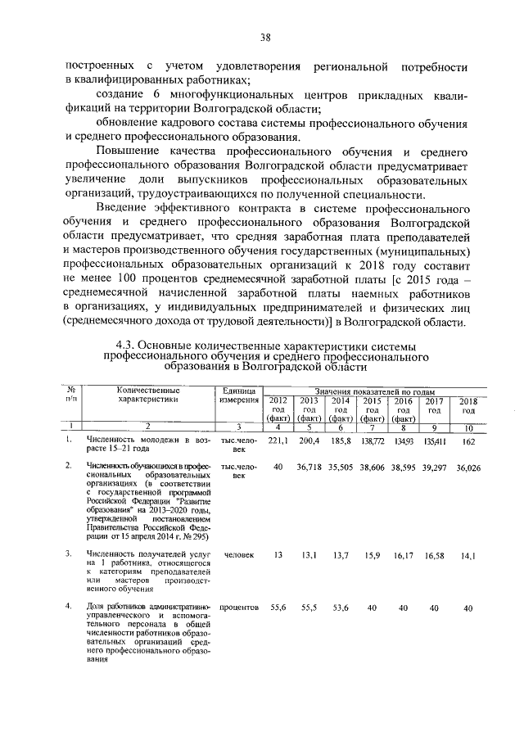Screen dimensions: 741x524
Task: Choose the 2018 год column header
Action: click(468, 404)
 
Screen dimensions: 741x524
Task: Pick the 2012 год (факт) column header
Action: click(278, 409)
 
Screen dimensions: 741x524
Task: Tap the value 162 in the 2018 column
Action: click(468, 441)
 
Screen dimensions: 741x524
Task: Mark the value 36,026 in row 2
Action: click(468, 467)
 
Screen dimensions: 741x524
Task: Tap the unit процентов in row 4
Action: click(239, 608)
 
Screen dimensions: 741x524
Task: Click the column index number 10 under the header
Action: click(468, 427)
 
